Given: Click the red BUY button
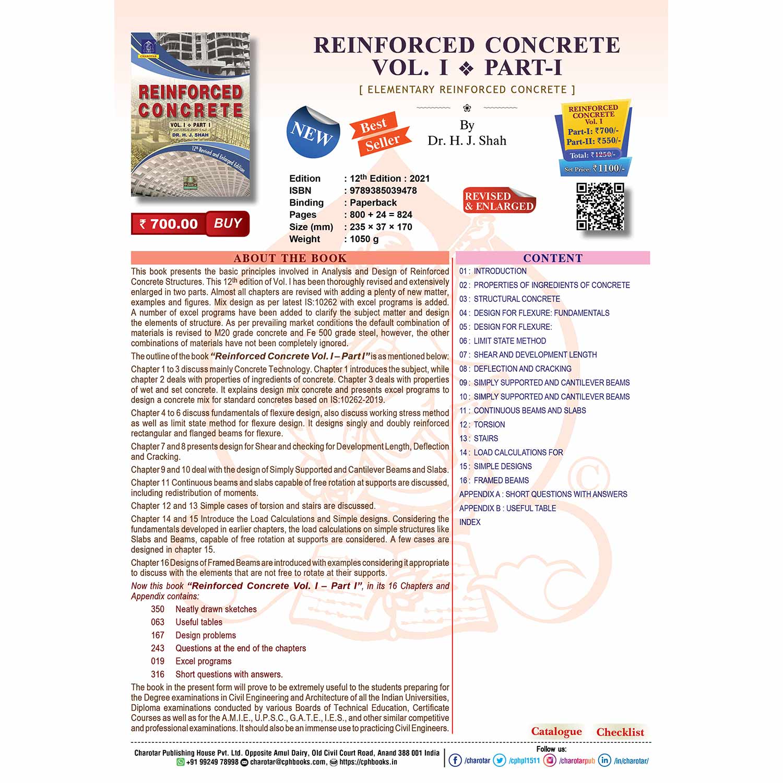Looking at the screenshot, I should click(228, 223).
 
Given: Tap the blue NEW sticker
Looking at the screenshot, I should click(313, 132).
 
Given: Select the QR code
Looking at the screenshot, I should click(600, 206).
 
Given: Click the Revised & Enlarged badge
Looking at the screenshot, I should click(500, 201).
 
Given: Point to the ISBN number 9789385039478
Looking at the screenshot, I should click(383, 191).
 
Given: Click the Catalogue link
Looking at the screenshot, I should click(556, 731).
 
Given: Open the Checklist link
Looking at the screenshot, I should click(620, 732).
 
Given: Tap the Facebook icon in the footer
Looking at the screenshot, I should click(455, 761).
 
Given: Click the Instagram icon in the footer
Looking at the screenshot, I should click(550, 761).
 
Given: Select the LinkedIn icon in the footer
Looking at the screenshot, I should click(604, 761).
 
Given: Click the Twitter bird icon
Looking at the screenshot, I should click(500, 761).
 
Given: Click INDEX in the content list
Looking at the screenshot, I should click(470, 522).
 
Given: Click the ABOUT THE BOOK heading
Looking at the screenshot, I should click(290, 258).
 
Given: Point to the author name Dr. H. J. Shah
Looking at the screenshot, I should click(467, 140).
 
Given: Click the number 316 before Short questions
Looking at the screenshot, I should click(158, 674).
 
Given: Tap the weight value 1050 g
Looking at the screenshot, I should click(364, 239).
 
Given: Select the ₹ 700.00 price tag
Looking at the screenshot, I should click(169, 224).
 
